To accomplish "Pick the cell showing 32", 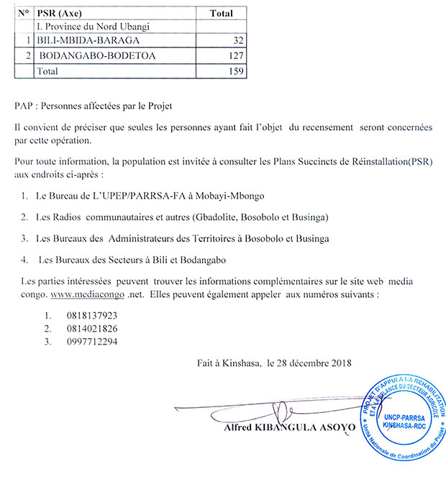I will pos(233,40).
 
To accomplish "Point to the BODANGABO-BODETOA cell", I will pos(96,55).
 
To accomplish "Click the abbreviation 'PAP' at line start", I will pos(23,106).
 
